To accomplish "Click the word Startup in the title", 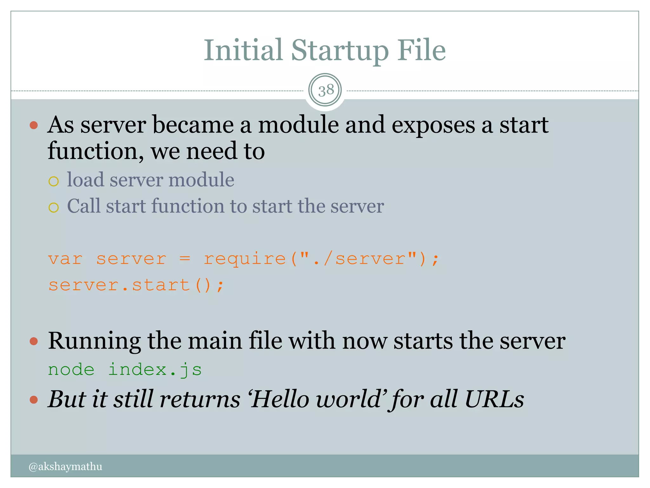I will [x=340, y=51].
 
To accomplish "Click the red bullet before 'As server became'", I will [x=34, y=125].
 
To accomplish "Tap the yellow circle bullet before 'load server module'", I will [x=54, y=181].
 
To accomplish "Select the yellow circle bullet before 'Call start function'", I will [x=54, y=207].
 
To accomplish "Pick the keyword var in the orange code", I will [x=65, y=259].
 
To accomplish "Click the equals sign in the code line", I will [x=185, y=259].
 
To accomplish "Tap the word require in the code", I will [x=244, y=259].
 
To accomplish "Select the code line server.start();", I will [x=136, y=285].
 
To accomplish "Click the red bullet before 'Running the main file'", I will [x=34, y=342].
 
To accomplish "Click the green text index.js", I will [x=155, y=370].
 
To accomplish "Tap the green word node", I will [x=71, y=370].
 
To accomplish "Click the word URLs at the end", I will [x=494, y=399].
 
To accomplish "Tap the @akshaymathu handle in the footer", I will [x=65, y=466].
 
